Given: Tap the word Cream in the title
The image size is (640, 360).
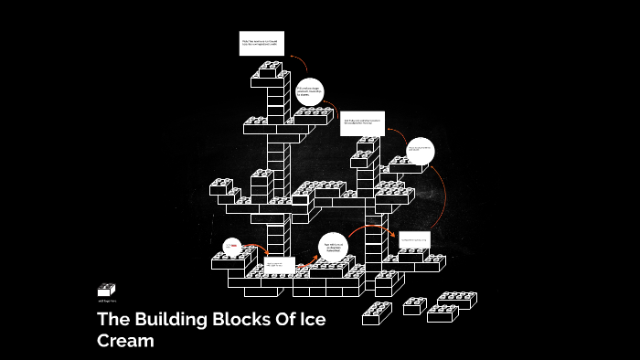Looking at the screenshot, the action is click(126, 341).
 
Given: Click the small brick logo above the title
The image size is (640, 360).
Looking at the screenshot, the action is click(106, 290).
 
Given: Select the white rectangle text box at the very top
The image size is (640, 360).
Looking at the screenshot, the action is click(262, 44).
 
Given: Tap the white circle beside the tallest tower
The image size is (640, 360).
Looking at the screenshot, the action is click(310, 90).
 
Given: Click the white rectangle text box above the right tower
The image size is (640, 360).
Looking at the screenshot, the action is click(362, 124).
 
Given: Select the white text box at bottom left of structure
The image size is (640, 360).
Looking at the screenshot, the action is click(280, 266).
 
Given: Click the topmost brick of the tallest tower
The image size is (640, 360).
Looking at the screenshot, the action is click(271, 69).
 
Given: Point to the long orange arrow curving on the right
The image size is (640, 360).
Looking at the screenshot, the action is click(443, 196).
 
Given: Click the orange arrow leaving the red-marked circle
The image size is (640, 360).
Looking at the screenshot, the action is click(257, 248).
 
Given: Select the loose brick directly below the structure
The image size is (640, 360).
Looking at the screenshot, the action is click(376, 312).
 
